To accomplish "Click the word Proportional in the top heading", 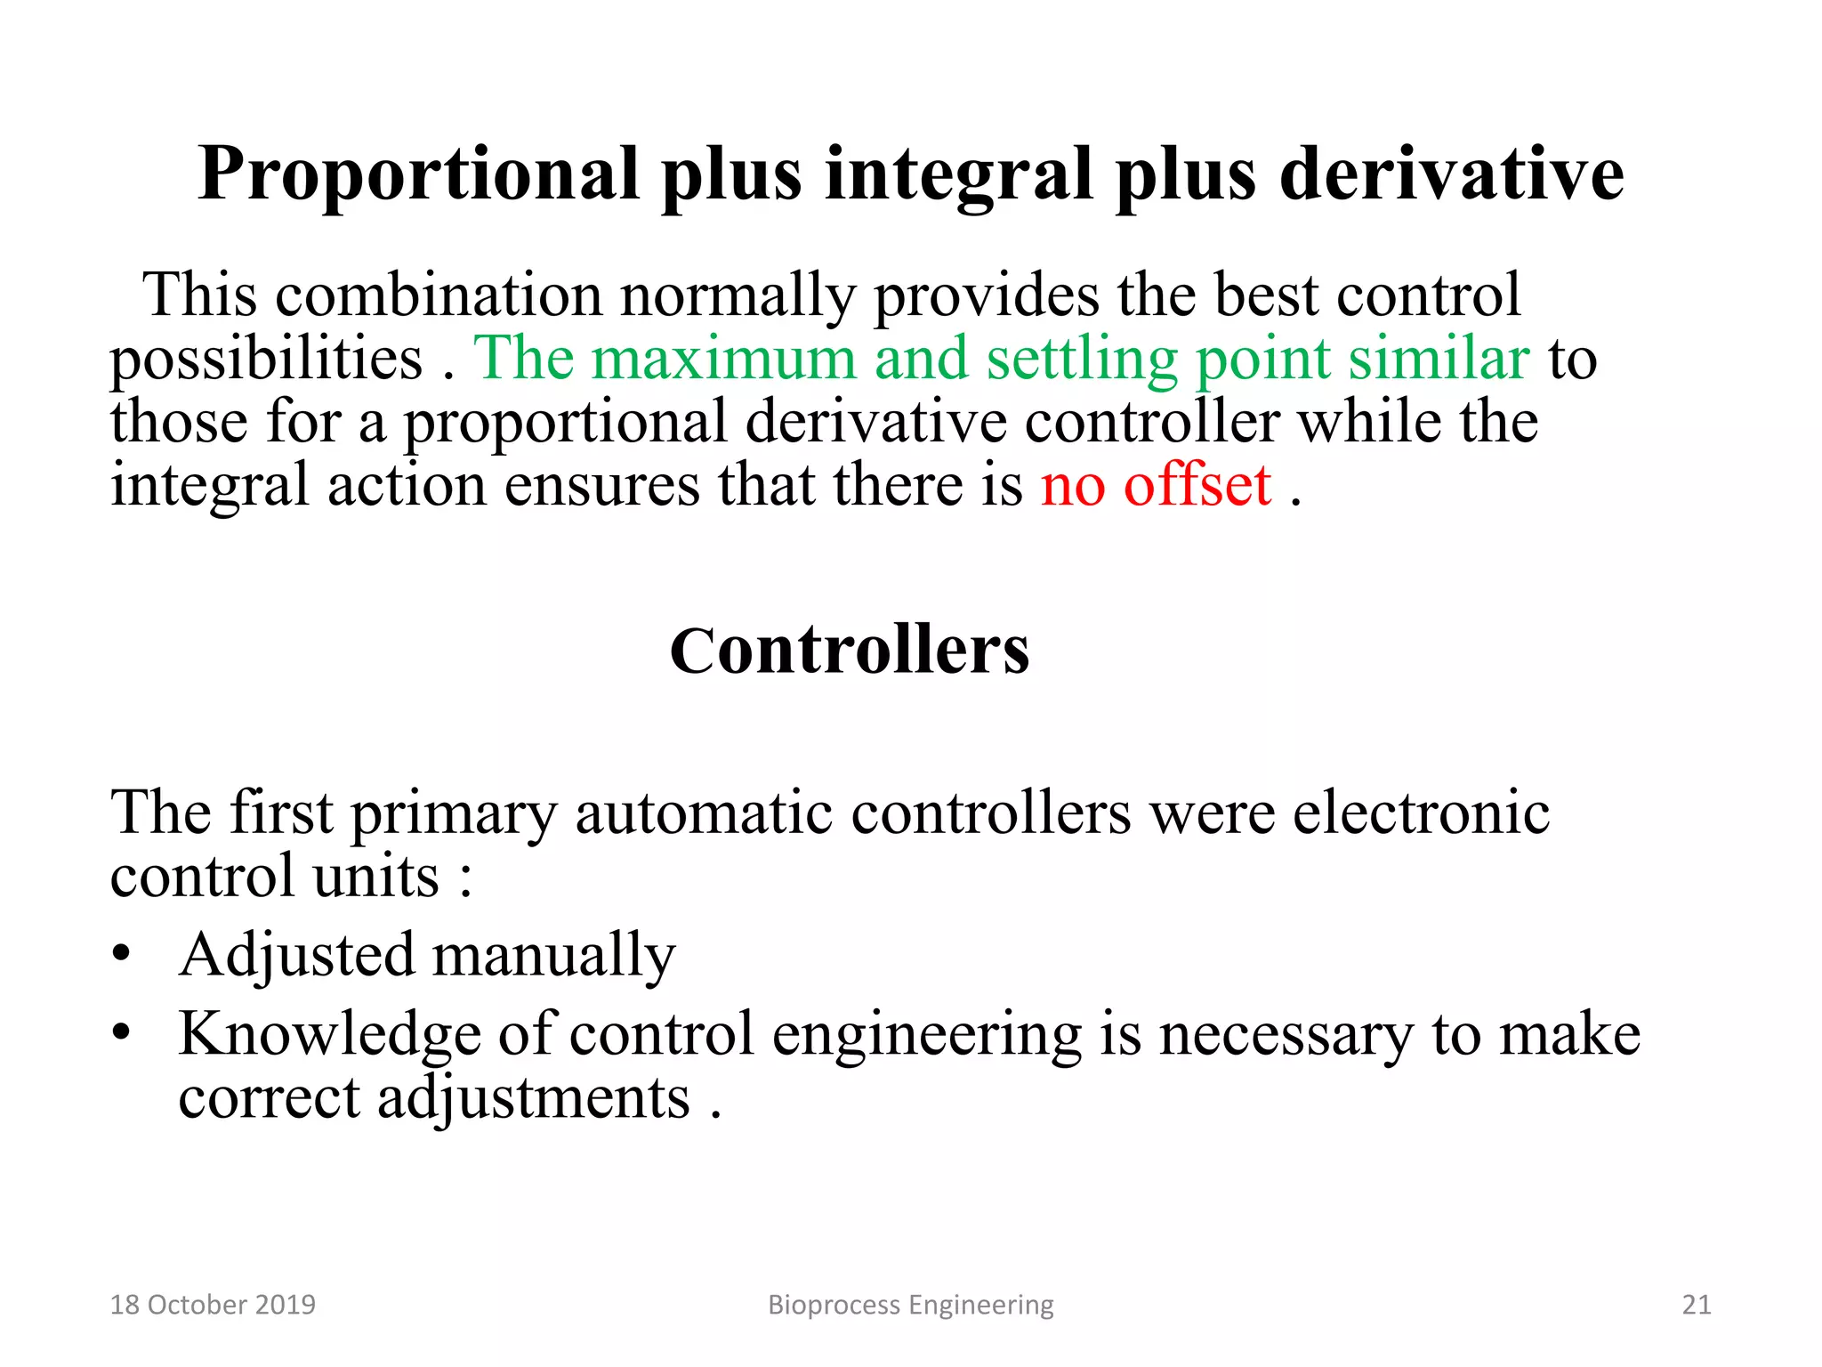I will tap(418, 174).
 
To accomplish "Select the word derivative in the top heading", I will tap(1452, 174).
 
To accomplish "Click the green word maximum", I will tap(722, 359).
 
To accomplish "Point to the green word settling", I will tap(1081, 359).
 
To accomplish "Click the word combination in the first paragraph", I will tap(439, 295).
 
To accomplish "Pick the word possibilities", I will tap(266, 359).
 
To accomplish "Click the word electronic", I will tap(1421, 813).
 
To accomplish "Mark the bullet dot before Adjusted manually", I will tap(122, 954).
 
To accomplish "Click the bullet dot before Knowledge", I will tap(122, 1033).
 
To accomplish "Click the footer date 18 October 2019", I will tap(213, 1305).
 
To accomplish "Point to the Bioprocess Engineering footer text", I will tap(910, 1305).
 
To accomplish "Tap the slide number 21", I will tap(1696, 1305).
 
